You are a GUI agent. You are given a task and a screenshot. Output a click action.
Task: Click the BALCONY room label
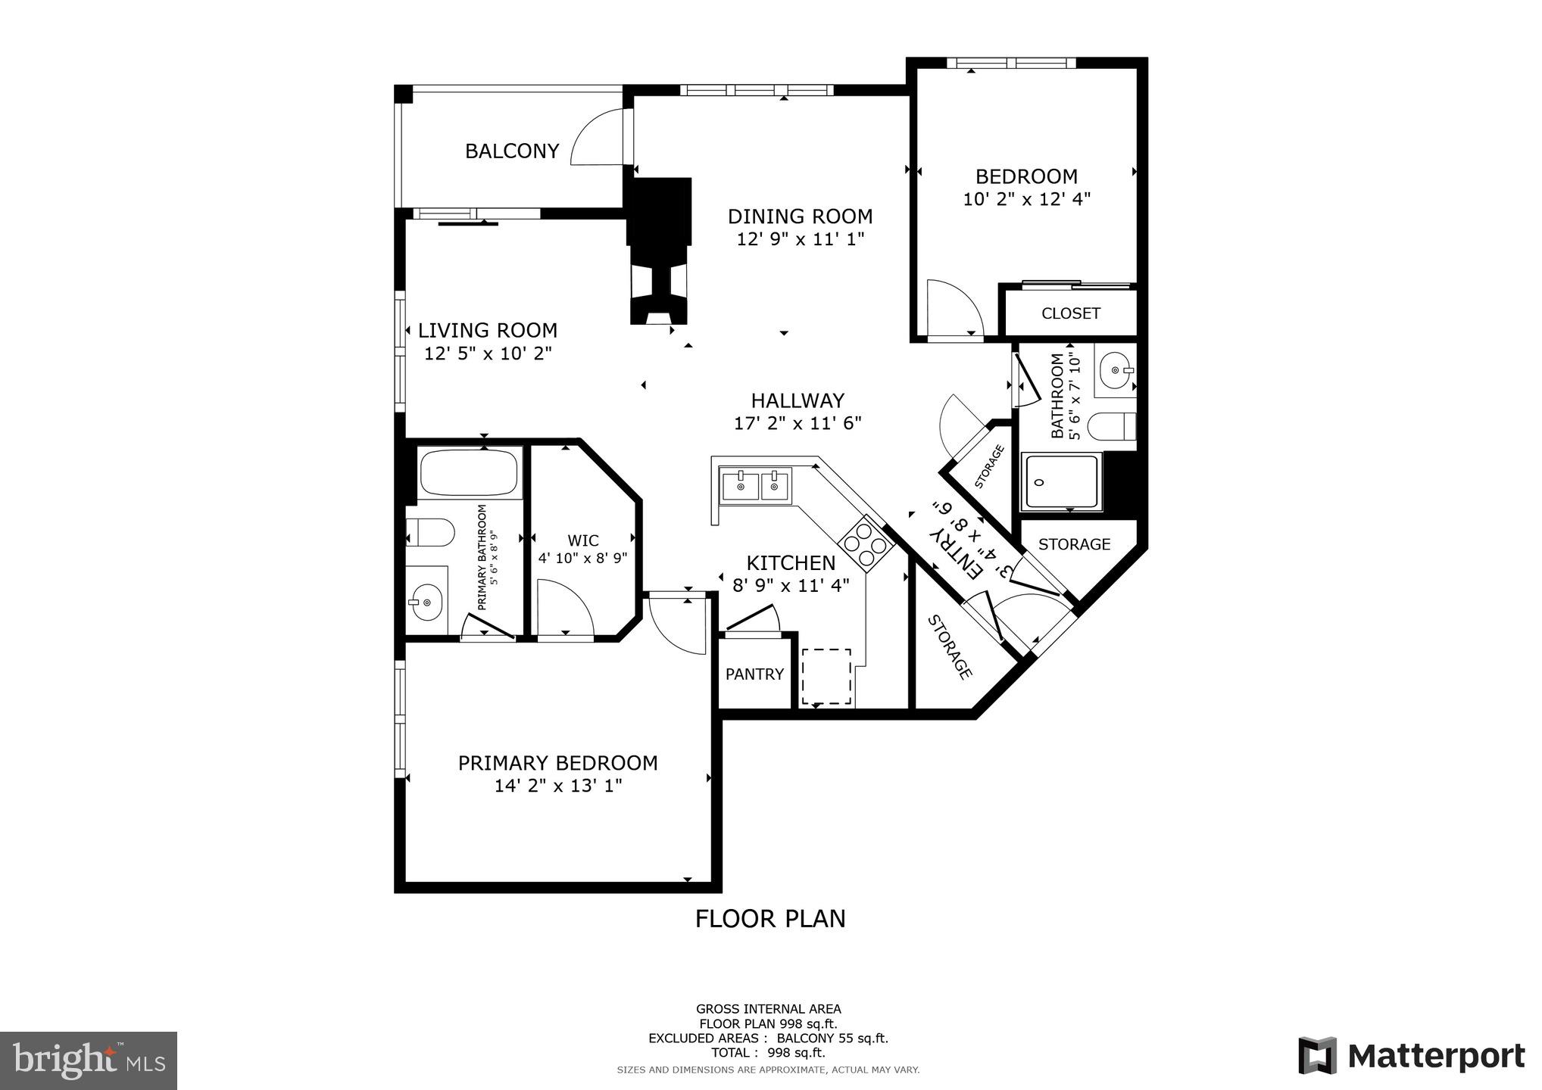[x=512, y=151]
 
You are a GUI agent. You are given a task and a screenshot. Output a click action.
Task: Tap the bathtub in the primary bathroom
[x=469, y=473]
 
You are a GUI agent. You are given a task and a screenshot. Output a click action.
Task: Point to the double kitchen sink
[x=755, y=485]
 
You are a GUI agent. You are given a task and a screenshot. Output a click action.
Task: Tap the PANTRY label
[x=754, y=674]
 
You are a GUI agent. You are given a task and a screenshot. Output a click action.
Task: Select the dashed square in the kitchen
[x=826, y=676]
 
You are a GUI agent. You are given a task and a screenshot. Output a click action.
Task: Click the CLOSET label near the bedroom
[x=1070, y=313]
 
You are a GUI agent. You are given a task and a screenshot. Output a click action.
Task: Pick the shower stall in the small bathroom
[x=1060, y=481]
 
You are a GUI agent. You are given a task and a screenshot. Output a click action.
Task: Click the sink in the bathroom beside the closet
[x=1116, y=370]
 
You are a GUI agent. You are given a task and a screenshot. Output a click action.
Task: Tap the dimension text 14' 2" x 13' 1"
[x=558, y=786]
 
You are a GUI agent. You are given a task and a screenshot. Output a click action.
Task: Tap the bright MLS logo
[x=89, y=1060]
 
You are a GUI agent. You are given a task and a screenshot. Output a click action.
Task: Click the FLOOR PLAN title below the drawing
[x=770, y=919]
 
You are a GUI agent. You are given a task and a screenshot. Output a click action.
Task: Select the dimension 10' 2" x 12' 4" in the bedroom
[x=1026, y=200]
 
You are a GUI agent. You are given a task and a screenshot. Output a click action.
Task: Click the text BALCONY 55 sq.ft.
[x=832, y=1039]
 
